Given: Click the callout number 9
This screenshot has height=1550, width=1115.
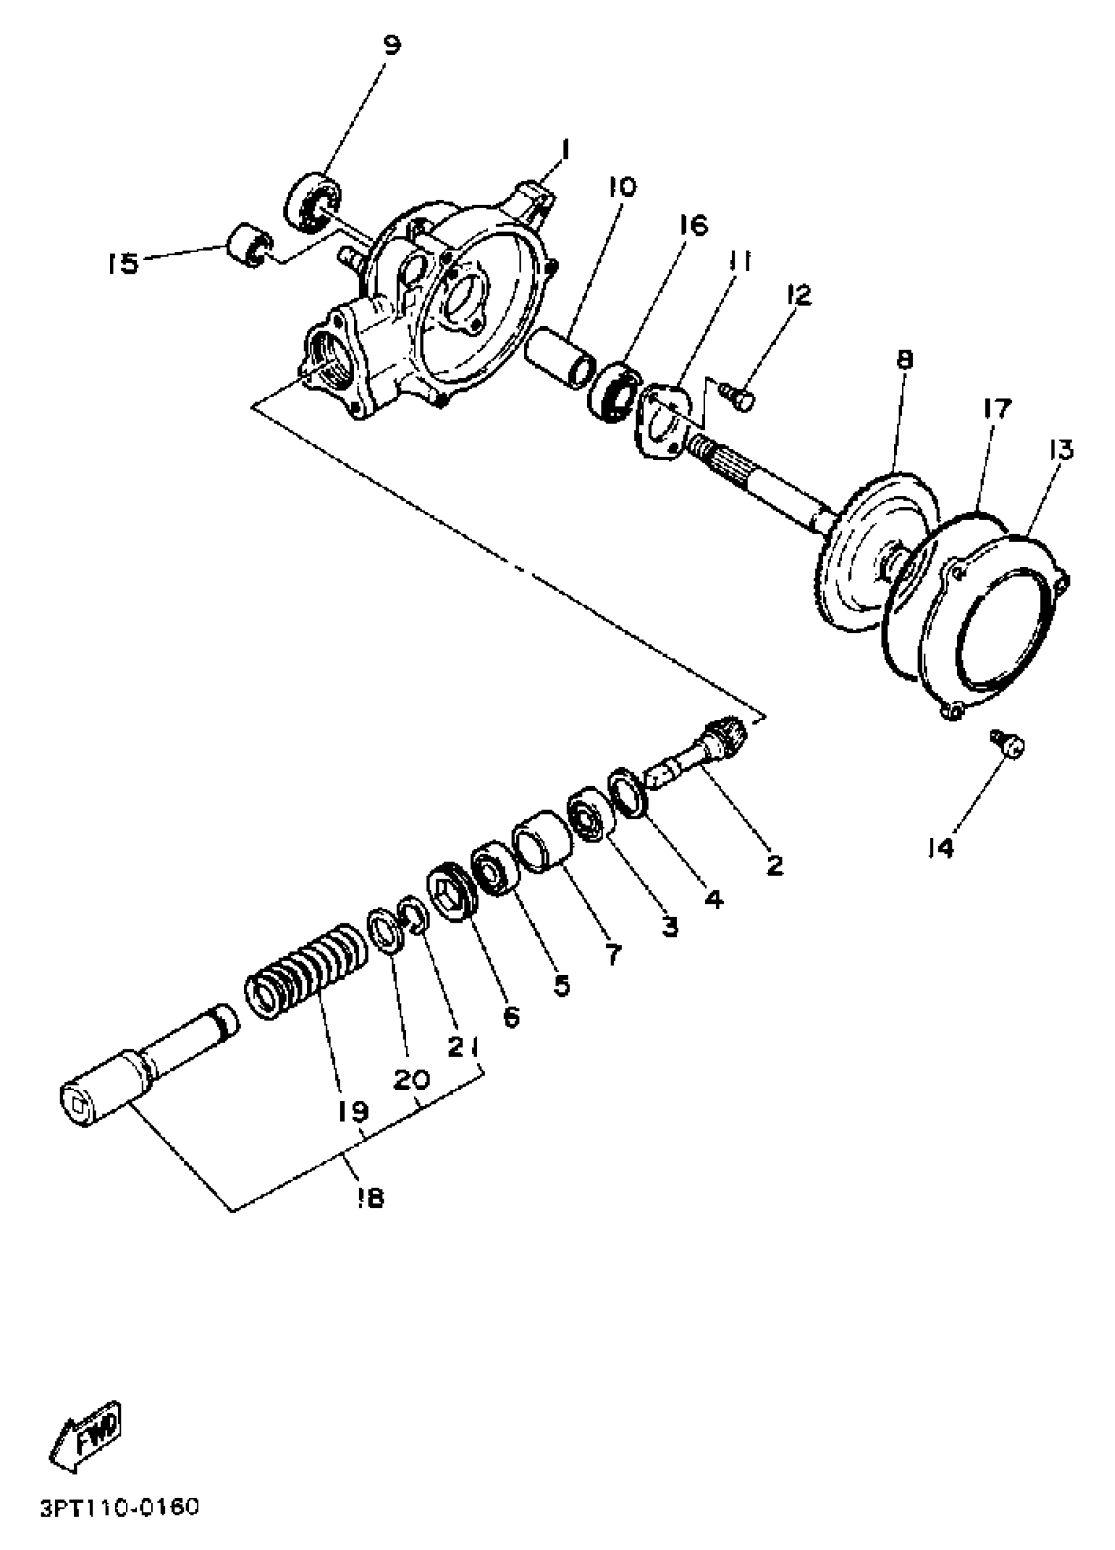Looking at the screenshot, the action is point(392,45).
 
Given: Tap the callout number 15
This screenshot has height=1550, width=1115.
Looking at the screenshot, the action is point(123,263).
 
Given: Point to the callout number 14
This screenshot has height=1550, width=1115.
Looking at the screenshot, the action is point(941,848).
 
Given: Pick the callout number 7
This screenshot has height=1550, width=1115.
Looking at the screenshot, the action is point(613,955).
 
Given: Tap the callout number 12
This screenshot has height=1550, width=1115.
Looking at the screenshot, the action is point(797,295).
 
